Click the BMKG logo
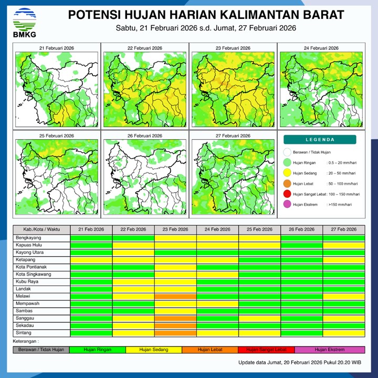(x=24, y=22)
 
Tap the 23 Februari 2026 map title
(x=233, y=48)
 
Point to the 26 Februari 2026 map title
(x=145, y=135)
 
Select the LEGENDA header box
(x=320, y=140)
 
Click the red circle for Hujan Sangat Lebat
(x=287, y=194)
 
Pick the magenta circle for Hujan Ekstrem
(x=287, y=205)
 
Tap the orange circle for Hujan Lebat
(x=287, y=184)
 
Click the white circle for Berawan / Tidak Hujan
(x=287, y=153)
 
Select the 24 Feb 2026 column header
(x=217, y=230)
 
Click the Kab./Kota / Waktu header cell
(x=41, y=230)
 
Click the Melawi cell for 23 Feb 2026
(x=175, y=297)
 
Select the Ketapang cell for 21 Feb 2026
(x=91, y=260)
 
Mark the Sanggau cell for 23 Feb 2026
(x=175, y=318)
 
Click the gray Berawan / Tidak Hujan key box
(x=41, y=349)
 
